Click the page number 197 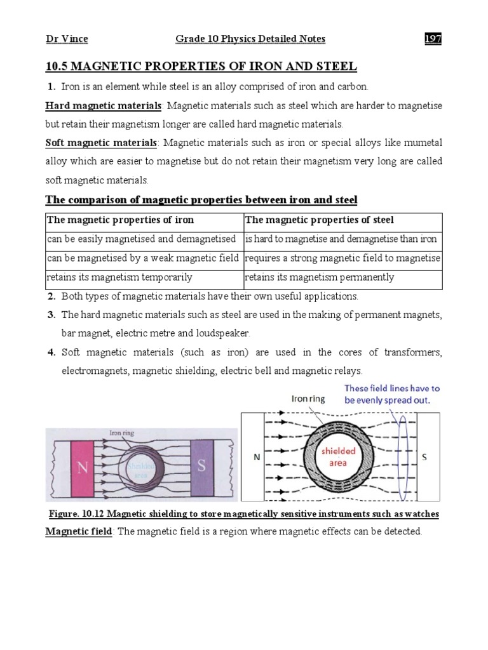coord(433,39)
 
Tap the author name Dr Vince coord(67,39)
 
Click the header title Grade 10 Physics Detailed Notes coord(250,39)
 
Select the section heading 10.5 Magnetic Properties coord(201,67)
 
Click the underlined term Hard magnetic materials coord(104,105)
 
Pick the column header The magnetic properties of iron coord(121,220)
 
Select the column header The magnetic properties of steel coord(319,220)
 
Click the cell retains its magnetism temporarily coord(119,277)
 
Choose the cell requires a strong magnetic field coord(342,258)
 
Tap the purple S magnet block coord(201,465)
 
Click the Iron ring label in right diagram coord(309,399)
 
